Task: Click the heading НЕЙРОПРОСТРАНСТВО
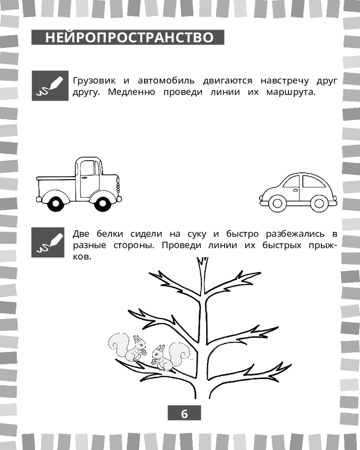pos(129,37)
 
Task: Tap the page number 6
pos(184,414)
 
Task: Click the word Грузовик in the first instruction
pos(94,81)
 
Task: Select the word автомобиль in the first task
pos(166,81)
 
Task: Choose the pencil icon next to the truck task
pos(50,85)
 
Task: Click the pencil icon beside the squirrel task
pos(48,242)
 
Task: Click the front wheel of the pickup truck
pos(103,203)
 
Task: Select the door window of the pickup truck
pos(87,168)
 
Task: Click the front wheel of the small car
pos(277,203)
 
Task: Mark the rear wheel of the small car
pos(319,203)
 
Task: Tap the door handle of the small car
pos(295,190)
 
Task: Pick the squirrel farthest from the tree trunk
pos(127,347)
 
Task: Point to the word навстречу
pos(284,81)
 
